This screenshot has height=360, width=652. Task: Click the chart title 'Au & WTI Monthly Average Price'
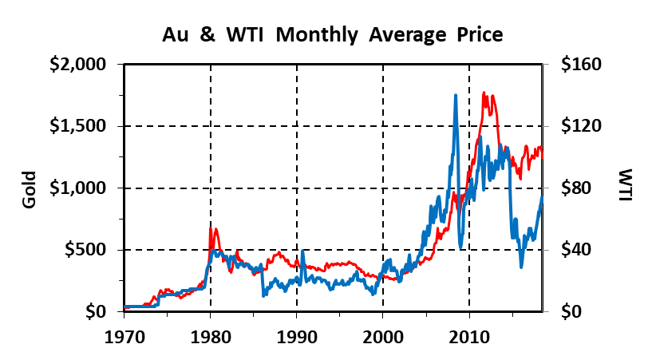click(333, 34)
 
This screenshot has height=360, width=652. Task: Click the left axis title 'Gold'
click(30, 189)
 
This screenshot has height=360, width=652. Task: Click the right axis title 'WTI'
click(625, 184)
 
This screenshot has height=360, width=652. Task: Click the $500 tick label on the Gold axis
click(90, 250)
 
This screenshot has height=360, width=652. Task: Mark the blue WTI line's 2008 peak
click(456, 95)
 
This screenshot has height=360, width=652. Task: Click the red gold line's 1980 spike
click(211, 229)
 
